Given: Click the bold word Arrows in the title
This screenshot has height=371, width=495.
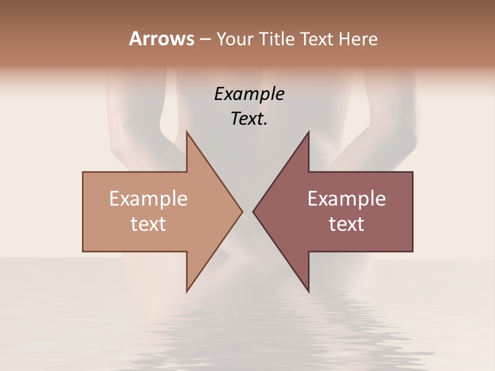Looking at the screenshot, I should click(x=161, y=39).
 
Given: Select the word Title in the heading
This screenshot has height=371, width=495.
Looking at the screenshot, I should click(x=277, y=39).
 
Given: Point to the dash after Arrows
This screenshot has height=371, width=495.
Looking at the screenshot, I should click(x=205, y=39).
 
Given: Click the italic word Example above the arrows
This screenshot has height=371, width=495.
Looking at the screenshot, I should click(x=249, y=94).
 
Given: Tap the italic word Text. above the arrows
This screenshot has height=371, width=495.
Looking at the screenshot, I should click(x=249, y=119).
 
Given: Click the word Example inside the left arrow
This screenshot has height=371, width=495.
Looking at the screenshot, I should click(x=148, y=199).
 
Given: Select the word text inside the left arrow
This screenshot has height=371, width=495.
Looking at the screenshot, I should click(x=148, y=224).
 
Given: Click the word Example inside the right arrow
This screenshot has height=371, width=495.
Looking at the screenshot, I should click(x=346, y=199).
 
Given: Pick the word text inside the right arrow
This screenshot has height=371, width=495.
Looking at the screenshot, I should click(x=346, y=224).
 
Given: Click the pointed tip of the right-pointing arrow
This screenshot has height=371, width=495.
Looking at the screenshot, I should click(x=242, y=211).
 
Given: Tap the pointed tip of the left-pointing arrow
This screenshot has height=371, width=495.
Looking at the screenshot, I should click(x=253, y=211).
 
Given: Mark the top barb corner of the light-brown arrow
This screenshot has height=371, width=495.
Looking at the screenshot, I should click(x=187, y=131).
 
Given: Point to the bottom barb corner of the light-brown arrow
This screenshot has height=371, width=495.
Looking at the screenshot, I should click(x=187, y=292).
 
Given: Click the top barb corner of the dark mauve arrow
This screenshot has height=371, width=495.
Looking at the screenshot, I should click(x=308, y=131).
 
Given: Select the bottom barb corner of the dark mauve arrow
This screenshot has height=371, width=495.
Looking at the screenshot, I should click(x=308, y=292).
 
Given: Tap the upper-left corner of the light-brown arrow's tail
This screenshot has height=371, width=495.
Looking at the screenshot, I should click(x=83, y=172).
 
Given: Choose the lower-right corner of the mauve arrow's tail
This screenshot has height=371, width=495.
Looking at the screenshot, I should click(x=412, y=251).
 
